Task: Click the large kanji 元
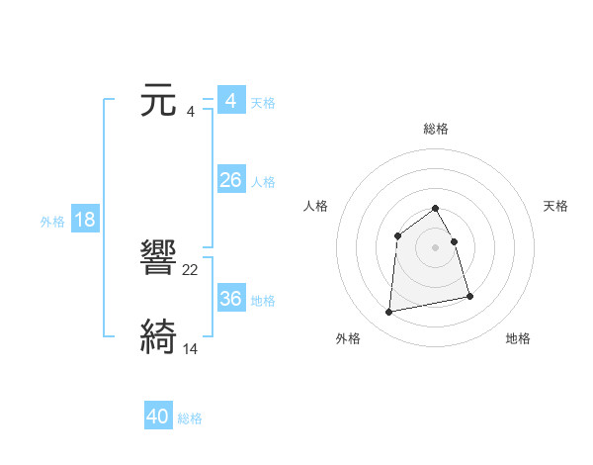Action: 159,101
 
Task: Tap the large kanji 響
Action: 159,259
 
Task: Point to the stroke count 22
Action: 191,269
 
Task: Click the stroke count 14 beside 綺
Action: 191,348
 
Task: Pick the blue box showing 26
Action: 230,180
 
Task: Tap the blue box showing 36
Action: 230,299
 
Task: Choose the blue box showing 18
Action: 85,220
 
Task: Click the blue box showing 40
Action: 158,417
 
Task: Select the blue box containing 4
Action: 230,101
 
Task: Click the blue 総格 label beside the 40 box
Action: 190,418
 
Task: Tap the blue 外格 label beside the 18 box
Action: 52,222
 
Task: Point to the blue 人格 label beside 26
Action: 263,182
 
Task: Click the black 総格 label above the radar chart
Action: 436,129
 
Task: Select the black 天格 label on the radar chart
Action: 556,206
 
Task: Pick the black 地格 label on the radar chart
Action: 518,338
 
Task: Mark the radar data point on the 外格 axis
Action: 389,313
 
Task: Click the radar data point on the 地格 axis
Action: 469,296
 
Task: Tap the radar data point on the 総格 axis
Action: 436,208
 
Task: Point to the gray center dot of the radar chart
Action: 436,246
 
